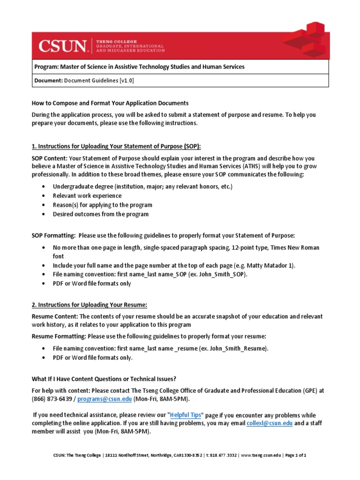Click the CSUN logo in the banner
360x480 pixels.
pos(63,45)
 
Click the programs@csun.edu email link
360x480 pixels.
pos(105,399)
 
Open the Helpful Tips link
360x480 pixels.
pos(186,415)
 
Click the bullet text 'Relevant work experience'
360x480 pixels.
pos(87,196)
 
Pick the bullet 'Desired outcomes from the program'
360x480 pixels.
pos(100,214)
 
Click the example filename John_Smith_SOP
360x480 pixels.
pos(221,274)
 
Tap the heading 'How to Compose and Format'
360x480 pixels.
pos(110,103)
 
